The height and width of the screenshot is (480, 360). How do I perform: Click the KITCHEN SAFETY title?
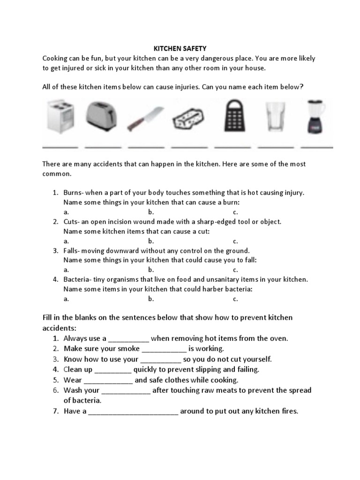pyautogui.click(x=180, y=48)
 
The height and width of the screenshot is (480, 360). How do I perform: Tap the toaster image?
pyautogui.click(x=102, y=116)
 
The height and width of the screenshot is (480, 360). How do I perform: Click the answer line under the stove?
pyautogui.click(x=60, y=147)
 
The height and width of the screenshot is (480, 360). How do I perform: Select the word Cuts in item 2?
pyautogui.click(x=71, y=222)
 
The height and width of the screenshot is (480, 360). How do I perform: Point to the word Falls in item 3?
pyautogui.click(x=71, y=251)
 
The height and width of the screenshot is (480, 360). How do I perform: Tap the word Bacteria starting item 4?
pyautogui.click(x=77, y=279)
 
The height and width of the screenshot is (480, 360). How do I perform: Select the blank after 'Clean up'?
pyautogui.click(x=113, y=370)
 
